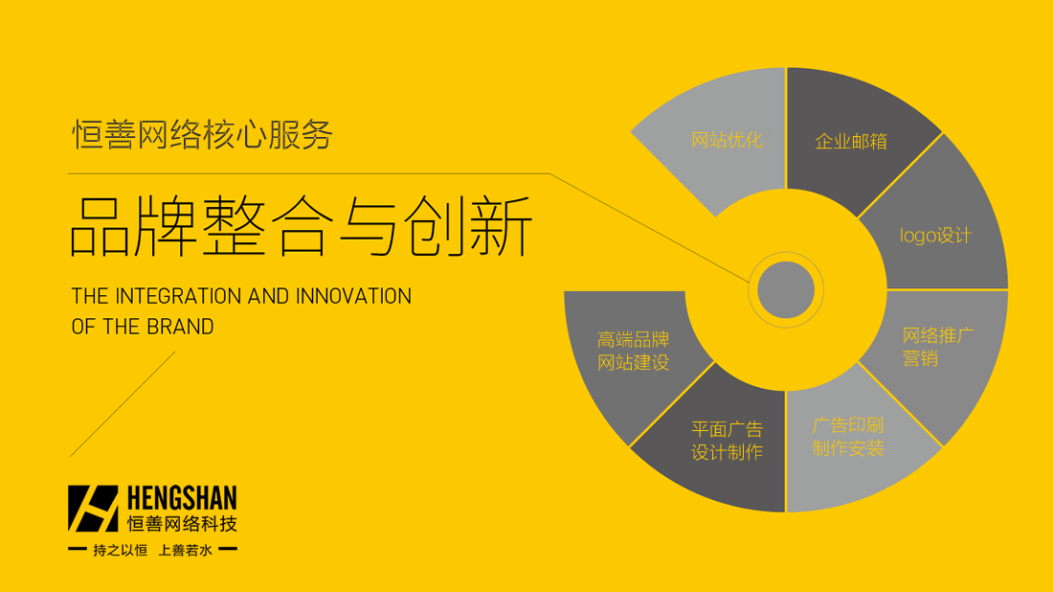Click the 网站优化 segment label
[727, 140]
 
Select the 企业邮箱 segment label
[851, 141]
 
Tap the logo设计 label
[935, 236]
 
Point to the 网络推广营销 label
[938, 347]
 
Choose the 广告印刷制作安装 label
[847, 437]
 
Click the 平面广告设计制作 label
[728, 441]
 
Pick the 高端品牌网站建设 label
[634, 351]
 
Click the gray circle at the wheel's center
[786, 289]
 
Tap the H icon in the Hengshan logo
[93, 509]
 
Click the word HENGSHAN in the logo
[182, 499]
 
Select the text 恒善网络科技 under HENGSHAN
[182, 523]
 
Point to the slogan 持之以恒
[121, 551]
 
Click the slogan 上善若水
[186, 551]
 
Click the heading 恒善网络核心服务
[202, 134]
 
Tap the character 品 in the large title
[101, 226]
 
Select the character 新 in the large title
[501, 226]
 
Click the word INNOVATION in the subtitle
[353, 296]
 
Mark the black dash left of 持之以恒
[78, 549]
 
